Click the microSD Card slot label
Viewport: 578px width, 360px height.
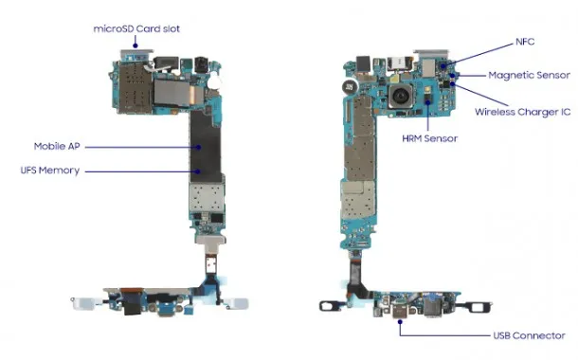coord(136,28)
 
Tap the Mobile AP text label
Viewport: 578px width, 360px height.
coord(57,146)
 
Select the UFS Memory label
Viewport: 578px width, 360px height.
coord(50,171)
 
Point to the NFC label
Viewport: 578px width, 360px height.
coord(525,42)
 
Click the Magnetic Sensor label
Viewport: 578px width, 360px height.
coord(529,75)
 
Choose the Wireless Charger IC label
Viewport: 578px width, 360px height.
coord(523,112)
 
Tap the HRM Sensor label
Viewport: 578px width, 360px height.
coord(430,138)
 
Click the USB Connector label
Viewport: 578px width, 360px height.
coord(529,335)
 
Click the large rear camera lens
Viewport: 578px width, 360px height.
coord(400,96)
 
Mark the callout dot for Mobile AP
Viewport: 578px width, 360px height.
coord(198,147)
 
